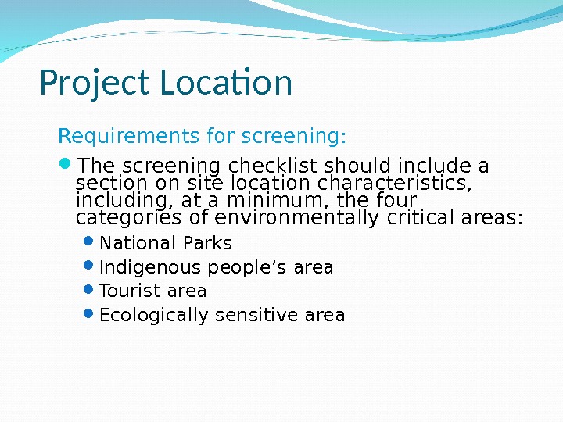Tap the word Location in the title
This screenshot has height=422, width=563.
click(x=226, y=83)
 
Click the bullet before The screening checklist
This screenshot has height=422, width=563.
click(x=64, y=165)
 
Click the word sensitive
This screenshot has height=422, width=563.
click(x=256, y=315)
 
